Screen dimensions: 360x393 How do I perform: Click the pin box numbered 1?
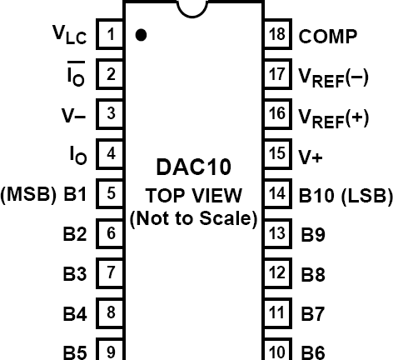pos(112,35)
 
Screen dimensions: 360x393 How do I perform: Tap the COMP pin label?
pos(328,36)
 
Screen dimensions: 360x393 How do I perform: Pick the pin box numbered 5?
pos(112,194)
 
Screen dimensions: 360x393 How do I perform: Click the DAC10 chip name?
pos(194,167)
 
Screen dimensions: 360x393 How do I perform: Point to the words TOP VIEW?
pos(194,196)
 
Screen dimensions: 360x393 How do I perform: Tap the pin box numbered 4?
pos(112,153)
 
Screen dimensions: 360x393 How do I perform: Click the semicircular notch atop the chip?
pos(194,7)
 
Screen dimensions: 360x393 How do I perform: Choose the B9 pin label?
pos(312,235)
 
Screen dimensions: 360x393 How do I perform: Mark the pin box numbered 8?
pos(112,312)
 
